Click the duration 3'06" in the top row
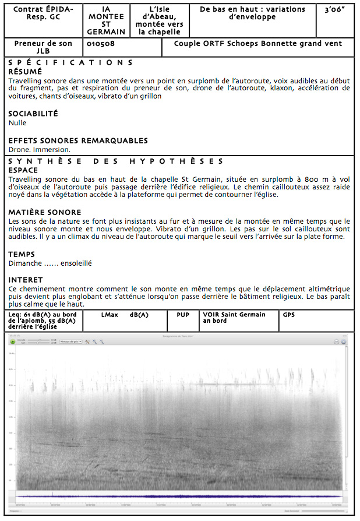[x=334, y=10]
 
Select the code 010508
[x=100, y=44]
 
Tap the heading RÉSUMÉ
[x=25, y=71]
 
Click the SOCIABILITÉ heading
[x=33, y=114]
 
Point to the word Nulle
[x=17, y=123]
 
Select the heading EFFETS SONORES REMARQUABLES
[x=78, y=140]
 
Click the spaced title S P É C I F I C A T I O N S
[x=70, y=62]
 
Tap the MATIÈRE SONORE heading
[x=45, y=212]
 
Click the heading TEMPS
[x=22, y=254]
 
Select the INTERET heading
[x=26, y=280]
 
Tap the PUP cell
[x=183, y=315]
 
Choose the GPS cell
[x=289, y=315]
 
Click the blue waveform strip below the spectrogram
[x=175, y=496]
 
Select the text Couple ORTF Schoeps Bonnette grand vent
[x=258, y=44]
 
